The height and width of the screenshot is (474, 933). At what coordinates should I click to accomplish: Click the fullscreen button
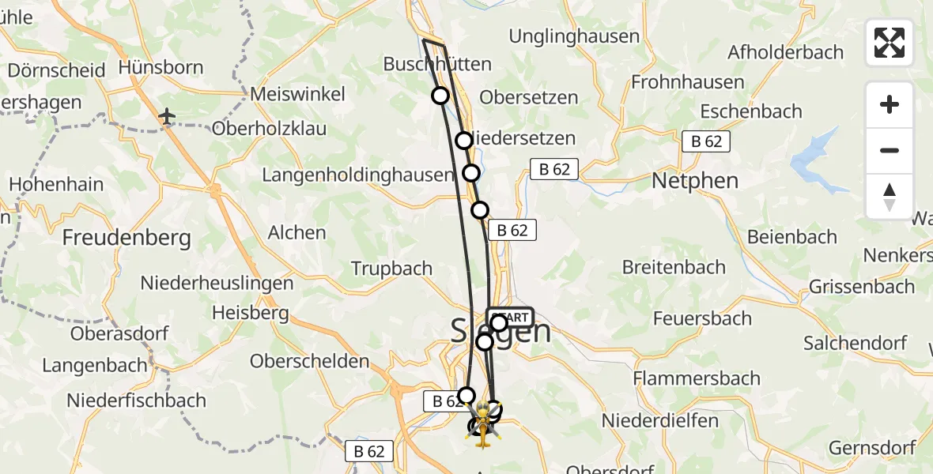(x=890, y=43)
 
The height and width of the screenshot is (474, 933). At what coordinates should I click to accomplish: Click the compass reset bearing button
(x=890, y=197)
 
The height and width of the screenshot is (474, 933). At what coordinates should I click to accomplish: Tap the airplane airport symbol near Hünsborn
(x=167, y=117)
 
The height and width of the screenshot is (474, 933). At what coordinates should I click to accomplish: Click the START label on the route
(x=511, y=317)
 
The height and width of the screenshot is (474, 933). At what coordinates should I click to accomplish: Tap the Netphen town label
(x=694, y=181)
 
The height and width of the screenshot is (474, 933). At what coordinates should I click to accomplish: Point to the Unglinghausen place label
(x=574, y=36)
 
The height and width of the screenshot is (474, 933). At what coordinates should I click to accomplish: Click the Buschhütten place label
(x=436, y=64)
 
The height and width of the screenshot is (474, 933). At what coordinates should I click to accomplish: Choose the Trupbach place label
(x=391, y=269)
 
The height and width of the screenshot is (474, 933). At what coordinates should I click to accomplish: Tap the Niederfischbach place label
(x=136, y=401)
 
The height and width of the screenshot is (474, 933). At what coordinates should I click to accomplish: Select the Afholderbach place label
(x=784, y=52)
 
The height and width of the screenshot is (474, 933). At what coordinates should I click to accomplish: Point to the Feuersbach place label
(x=702, y=318)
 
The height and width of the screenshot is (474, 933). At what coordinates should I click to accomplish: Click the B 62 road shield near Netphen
(x=706, y=141)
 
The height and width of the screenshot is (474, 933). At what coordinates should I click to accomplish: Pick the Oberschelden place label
(x=309, y=361)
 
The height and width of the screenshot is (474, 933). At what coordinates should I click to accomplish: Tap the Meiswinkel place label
(x=297, y=94)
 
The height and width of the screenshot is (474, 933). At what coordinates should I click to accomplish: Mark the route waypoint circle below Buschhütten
(x=440, y=96)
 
